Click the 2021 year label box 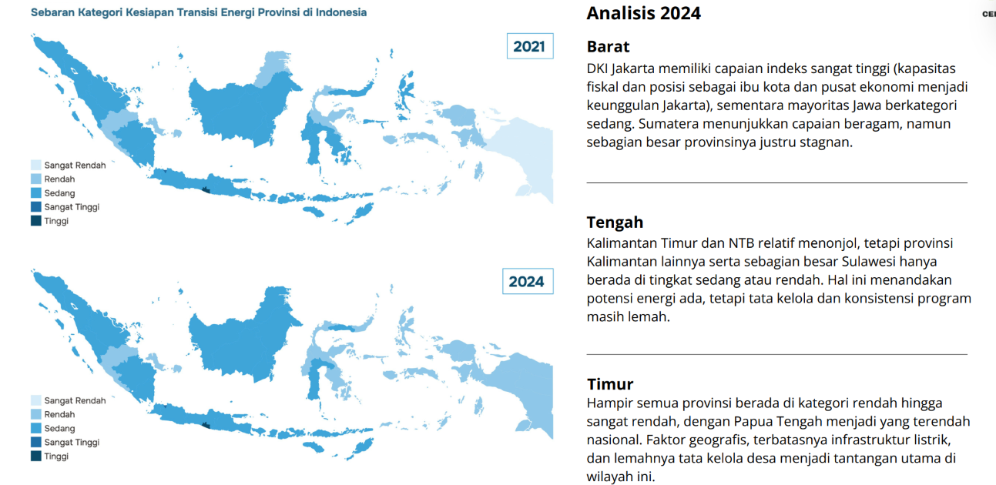530,45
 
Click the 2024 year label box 528,281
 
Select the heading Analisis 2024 643,13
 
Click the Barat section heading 608,46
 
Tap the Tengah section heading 615,222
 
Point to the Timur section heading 609,383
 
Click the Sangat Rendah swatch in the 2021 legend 36,165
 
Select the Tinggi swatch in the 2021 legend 36,220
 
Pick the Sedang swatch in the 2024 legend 36,428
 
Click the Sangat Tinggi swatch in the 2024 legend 36,442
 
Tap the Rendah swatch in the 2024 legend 36,414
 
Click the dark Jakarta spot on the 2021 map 166,171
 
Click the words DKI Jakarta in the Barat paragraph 620,69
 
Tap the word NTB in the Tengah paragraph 741,243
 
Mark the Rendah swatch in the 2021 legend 36,179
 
